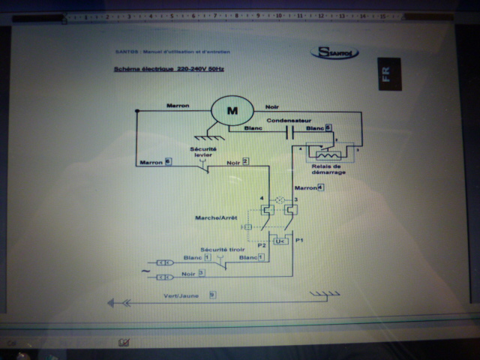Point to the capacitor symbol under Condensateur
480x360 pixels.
coord(289,133)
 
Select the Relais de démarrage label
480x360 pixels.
coord(330,169)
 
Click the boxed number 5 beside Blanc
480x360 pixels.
coord(328,128)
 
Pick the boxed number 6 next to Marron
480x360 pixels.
coord(167,160)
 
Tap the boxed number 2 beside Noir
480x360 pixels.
coord(245,162)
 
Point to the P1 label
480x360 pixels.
coord(298,241)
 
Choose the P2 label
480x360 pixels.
coord(261,244)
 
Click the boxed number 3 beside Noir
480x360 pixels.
coord(202,273)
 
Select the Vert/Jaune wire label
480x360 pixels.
coord(181,295)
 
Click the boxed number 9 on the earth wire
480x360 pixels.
coord(212,295)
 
